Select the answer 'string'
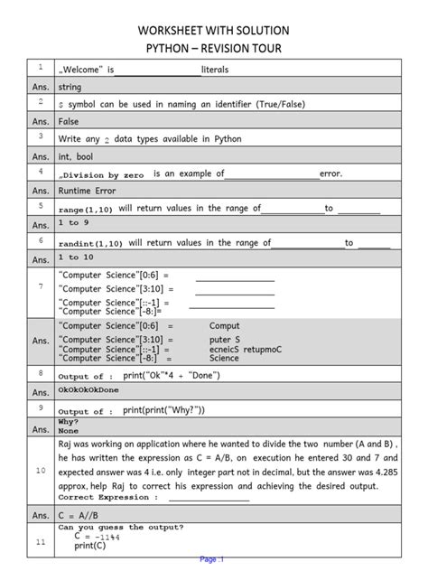[x=70, y=88]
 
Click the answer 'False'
[x=69, y=121]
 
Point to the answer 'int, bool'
[x=77, y=155]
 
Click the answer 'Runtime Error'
[x=87, y=191]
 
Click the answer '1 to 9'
[x=73, y=223]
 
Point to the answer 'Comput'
[x=226, y=325]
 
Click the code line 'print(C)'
[x=89, y=546]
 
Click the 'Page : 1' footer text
[x=212, y=559]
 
